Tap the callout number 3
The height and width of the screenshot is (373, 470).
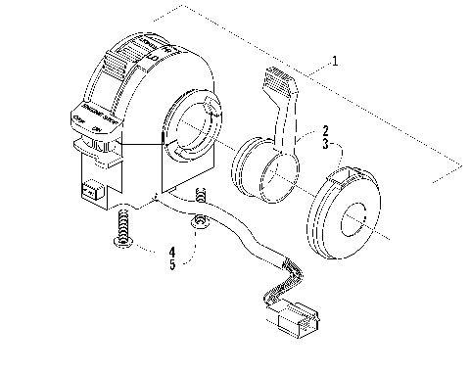tap(325, 145)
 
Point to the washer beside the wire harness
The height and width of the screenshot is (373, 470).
tap(199, 226)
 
